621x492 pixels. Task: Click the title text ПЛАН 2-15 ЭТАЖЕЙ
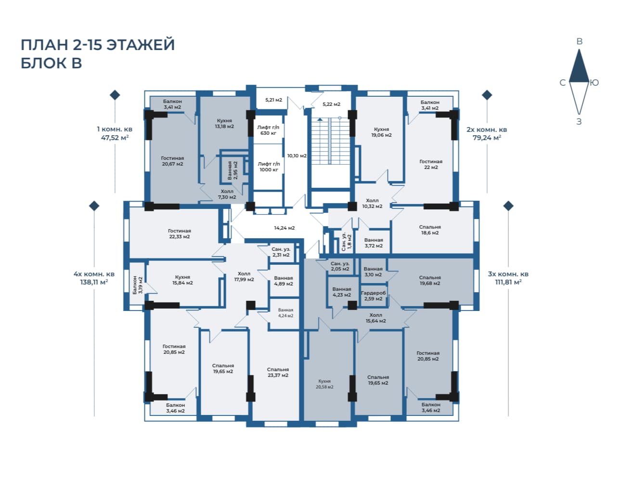coord(98,45)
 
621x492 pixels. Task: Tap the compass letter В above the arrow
coord(579,41)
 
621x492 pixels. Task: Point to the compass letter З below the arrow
coord(579,122)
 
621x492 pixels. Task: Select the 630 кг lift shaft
coord(268,129)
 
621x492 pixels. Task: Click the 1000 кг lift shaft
coord(268,167)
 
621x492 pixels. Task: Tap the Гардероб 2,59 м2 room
coord(373,296)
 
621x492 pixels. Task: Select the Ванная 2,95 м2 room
coord(233,170)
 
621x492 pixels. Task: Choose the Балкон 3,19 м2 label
coord(138,285)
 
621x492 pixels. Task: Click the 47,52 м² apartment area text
coord(115,138)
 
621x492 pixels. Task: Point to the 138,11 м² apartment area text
coord(94,282)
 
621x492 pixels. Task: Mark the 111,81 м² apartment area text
coord(508,282)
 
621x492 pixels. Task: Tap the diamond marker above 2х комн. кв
coord(487,95)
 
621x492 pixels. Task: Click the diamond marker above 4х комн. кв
coord(94,206)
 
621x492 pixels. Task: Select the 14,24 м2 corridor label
coord(284,228)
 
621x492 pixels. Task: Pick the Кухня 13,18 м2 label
coord(224,124)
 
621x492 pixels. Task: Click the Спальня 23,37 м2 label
coord(278,372)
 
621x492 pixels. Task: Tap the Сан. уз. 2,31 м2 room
coord(281,252)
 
